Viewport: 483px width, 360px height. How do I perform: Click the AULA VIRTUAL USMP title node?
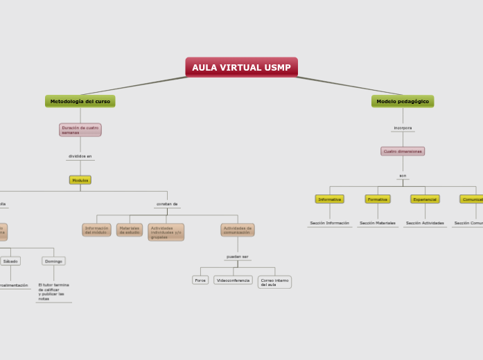point(241,67)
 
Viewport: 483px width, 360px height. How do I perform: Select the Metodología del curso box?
point(80,101)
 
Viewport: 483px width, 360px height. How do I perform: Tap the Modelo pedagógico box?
point(403,101)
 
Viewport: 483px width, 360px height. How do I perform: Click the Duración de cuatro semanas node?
point(80,129)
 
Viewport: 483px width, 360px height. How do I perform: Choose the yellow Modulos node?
point(80,180)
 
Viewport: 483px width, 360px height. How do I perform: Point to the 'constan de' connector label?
point(167,204)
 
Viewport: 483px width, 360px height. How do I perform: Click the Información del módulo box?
point(96,230)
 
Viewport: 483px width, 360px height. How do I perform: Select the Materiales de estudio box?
point(130,230)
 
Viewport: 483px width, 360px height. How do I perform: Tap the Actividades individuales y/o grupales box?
point(166,232)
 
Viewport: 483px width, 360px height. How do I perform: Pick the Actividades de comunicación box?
point(238,230)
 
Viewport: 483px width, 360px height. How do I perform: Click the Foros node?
point(200,280)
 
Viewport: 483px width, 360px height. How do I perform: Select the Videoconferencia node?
point(233,280)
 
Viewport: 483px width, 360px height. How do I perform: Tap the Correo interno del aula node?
point(274,282)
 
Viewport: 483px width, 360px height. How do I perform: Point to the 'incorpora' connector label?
point(403,128)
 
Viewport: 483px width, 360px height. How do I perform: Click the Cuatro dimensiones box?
point(403,151)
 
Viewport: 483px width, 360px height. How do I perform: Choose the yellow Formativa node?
point(378,199)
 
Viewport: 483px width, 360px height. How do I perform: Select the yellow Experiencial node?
point(424,199)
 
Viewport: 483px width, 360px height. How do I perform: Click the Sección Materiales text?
point(378,223)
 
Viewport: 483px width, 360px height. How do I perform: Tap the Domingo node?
point(53,261)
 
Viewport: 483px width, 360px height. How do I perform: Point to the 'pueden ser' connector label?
point(238,256)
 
